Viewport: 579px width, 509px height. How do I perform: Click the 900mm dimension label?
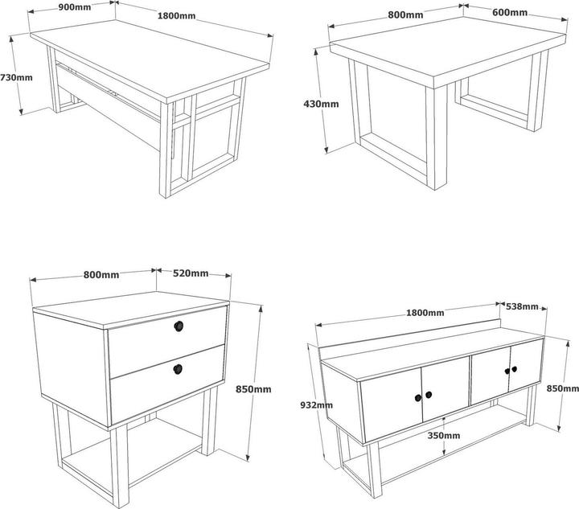pyautogui.click(x=75, y=7)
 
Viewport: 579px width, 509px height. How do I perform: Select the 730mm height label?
pyautogui.click(x=16, y=77)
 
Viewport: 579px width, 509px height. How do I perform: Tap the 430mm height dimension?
pyautogui.click(x=321, y=104)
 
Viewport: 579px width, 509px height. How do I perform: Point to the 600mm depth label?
pyautogui.click(x=510, y=13)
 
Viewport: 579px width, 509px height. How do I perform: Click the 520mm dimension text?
pyautogui.click(x=191, y=273)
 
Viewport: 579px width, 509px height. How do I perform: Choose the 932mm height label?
pyautogui.click(x=316, y=405)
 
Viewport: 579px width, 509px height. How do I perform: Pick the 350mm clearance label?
pyautogui.click(x=443, y=436)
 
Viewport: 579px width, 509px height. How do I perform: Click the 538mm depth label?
pyautogui.click(x=522, y=306)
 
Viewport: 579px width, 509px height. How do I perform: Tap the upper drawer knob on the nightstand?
pyautogui.click(x=179, y=326)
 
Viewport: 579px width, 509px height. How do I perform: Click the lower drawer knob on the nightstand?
pyautogui.click(x=178, y=369)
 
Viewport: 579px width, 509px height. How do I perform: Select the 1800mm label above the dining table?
pyautogui.click(x=176, y=16)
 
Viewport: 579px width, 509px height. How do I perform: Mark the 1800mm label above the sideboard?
pyautogui.click(x=425, y=313)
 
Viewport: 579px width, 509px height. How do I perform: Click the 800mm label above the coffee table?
pyautogui.click(x=405, y=14)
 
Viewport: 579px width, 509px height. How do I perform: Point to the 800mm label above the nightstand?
pyautogui.click(x=101, y=275)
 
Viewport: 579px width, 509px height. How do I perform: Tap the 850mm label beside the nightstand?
pyautogui.click(x=253, y=389)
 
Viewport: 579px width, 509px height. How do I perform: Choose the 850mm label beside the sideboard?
pyautogui.click(x=563, y=388)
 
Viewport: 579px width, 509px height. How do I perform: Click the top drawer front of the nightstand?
pyautogui.click(x=167, y=342)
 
